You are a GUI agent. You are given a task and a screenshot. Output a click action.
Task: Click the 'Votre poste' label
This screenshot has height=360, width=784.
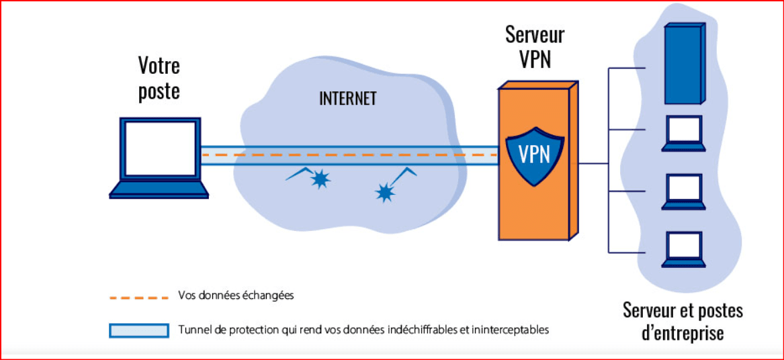coord(159,79)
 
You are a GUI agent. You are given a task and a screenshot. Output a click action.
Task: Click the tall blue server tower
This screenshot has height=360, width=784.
coord(683,65)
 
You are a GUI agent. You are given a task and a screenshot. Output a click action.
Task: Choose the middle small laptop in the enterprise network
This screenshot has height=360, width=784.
coord(683,191)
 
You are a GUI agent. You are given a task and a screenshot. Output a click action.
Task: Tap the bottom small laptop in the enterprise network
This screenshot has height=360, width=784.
coord(683,249)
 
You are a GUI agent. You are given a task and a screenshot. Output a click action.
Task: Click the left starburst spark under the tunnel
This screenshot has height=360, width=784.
coord(320,179)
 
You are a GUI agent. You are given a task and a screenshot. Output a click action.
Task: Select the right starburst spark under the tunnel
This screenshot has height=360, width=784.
coord(384,193)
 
